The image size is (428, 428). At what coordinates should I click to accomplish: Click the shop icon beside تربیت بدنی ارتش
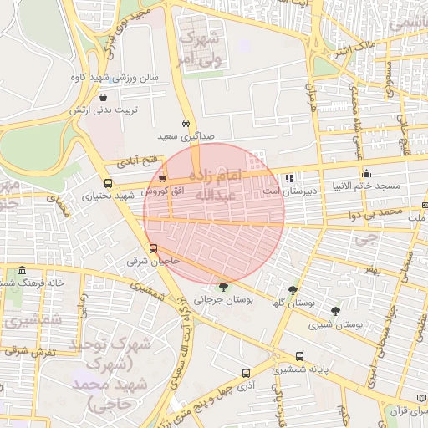[102, 96]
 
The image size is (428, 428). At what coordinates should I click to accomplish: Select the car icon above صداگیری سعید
[186, 123]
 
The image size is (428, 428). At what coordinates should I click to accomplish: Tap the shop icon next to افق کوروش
[162, 179]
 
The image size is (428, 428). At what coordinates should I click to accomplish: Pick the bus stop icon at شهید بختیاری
[108, 183]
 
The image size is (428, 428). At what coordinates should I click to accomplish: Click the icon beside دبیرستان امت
[289, 178]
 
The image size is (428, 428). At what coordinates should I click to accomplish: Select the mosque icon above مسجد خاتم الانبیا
[366, 174]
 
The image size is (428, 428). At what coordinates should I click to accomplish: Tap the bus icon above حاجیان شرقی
[153, 248]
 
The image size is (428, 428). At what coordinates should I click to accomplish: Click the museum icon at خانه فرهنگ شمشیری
[22, 270]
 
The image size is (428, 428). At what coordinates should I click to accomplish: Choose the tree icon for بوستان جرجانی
[222, 286]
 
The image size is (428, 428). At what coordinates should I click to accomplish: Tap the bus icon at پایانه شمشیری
[299, 356]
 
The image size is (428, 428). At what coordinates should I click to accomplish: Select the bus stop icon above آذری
[245, 373]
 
